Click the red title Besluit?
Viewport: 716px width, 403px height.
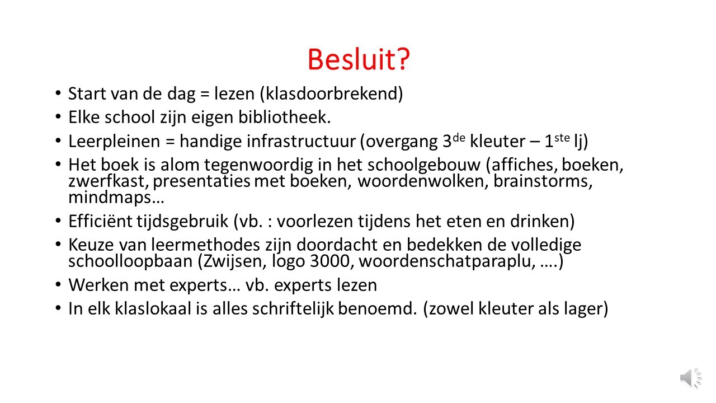[x=359, y=59]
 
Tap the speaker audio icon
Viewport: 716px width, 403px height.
[x=691, y=378]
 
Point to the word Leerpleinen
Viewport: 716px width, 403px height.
[x=114, y=141]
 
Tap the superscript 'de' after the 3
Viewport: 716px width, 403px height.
[x=459, y=138]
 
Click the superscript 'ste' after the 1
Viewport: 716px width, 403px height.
[x=562, y=138]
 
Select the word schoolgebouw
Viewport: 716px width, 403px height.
[x=424, y=165]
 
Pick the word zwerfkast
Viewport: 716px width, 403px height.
[x=109, y=181]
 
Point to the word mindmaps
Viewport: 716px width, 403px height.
[x=110, y=197]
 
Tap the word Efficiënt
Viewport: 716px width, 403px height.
[x=100, y=221]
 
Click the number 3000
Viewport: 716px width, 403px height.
[x=330, y=261]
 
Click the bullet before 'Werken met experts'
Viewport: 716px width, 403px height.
[x=58, y=284]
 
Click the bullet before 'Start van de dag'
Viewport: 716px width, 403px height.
[x=58, y=93]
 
